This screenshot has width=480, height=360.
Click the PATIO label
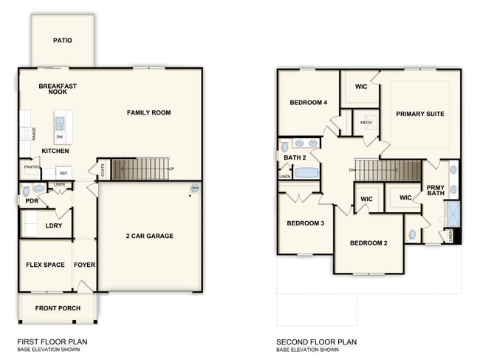(x=63, y=40)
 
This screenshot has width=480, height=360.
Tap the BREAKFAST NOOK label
(x=58, y=89)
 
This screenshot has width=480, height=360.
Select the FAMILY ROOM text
(x=148, y=113)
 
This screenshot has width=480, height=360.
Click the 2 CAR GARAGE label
(x=149, y=236)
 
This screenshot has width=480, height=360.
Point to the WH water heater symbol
(x=195, y=189)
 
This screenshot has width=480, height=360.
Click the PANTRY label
(x=32, y=168)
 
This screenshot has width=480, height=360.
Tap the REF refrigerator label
(x=64, y=173)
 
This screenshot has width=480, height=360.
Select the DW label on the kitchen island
(x=59, y=137)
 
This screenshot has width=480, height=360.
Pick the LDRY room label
(x=53, y=225)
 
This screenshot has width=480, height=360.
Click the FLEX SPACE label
(x=45, y=265)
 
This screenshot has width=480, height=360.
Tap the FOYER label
(x=85, y=265)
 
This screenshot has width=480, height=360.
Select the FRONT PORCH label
(x=58, y=308)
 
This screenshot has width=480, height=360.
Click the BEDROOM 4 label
(x=308, y=103)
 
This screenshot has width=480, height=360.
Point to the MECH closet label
(x=366, y=122)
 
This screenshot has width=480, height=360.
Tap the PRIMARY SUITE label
(x=419, y=114)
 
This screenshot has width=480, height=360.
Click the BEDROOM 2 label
(x=368, y=243)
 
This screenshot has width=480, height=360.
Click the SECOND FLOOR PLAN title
(x=316, y=342)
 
